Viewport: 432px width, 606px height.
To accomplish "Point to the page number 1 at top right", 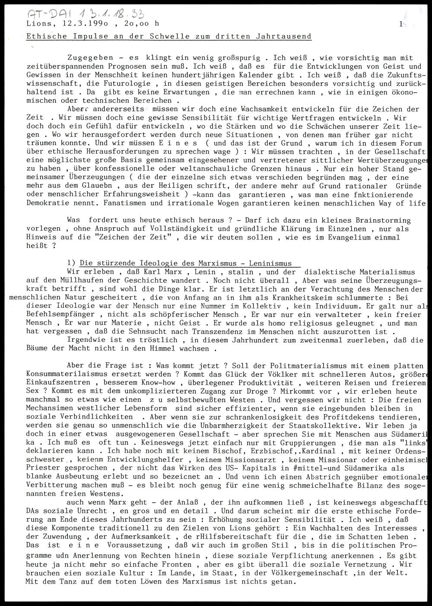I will pos(401,25).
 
